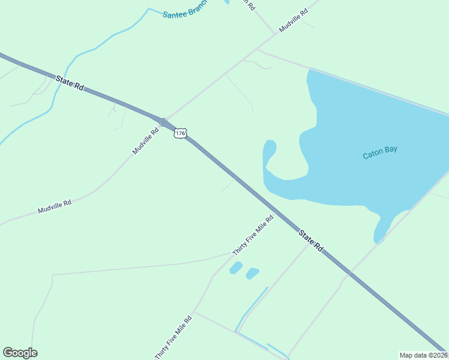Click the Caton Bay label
pos(381,154)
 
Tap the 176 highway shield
pos(180,133)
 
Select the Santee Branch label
pos(185,10)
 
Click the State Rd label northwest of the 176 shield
pos(70,83)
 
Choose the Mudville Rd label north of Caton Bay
pos(294,20)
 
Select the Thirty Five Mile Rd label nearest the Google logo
pos(173,337)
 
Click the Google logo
pos(20,353)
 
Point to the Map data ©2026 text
pos(423,355)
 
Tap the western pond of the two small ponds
pos(236,268)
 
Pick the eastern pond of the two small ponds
pos(252,273)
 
